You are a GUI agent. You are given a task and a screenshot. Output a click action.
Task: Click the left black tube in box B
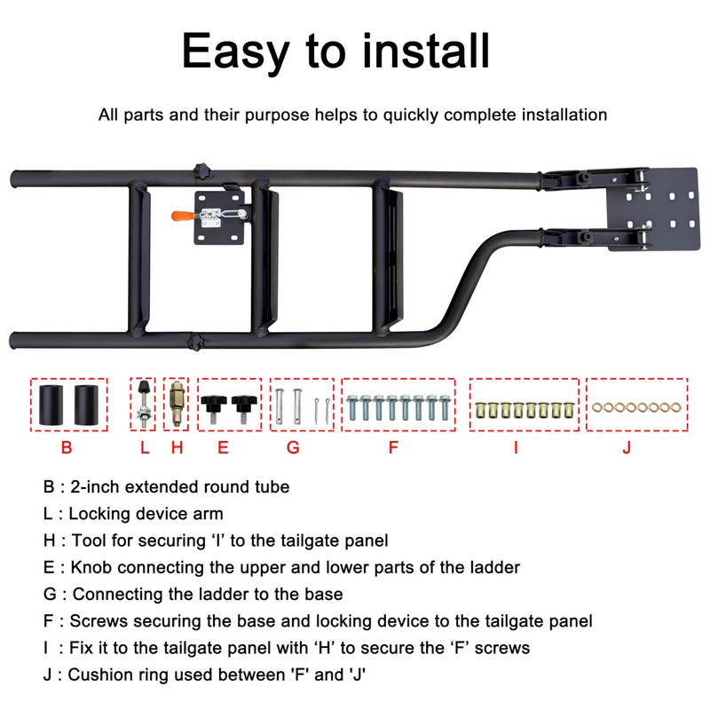[x=51, y=404]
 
